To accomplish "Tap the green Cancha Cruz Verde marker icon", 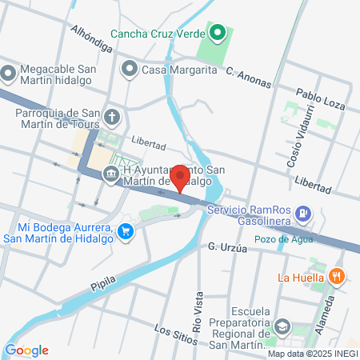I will [217, 33].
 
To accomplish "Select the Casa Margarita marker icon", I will [129, 70].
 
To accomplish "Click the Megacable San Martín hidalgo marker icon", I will [9, 74].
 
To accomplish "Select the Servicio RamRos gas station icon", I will [303, 214].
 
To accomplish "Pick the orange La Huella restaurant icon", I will [337, 278].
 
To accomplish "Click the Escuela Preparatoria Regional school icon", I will [282, 327].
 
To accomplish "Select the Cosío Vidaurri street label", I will [296, 145].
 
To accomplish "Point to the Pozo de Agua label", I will [279, 239].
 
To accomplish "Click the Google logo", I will [26, 350].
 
